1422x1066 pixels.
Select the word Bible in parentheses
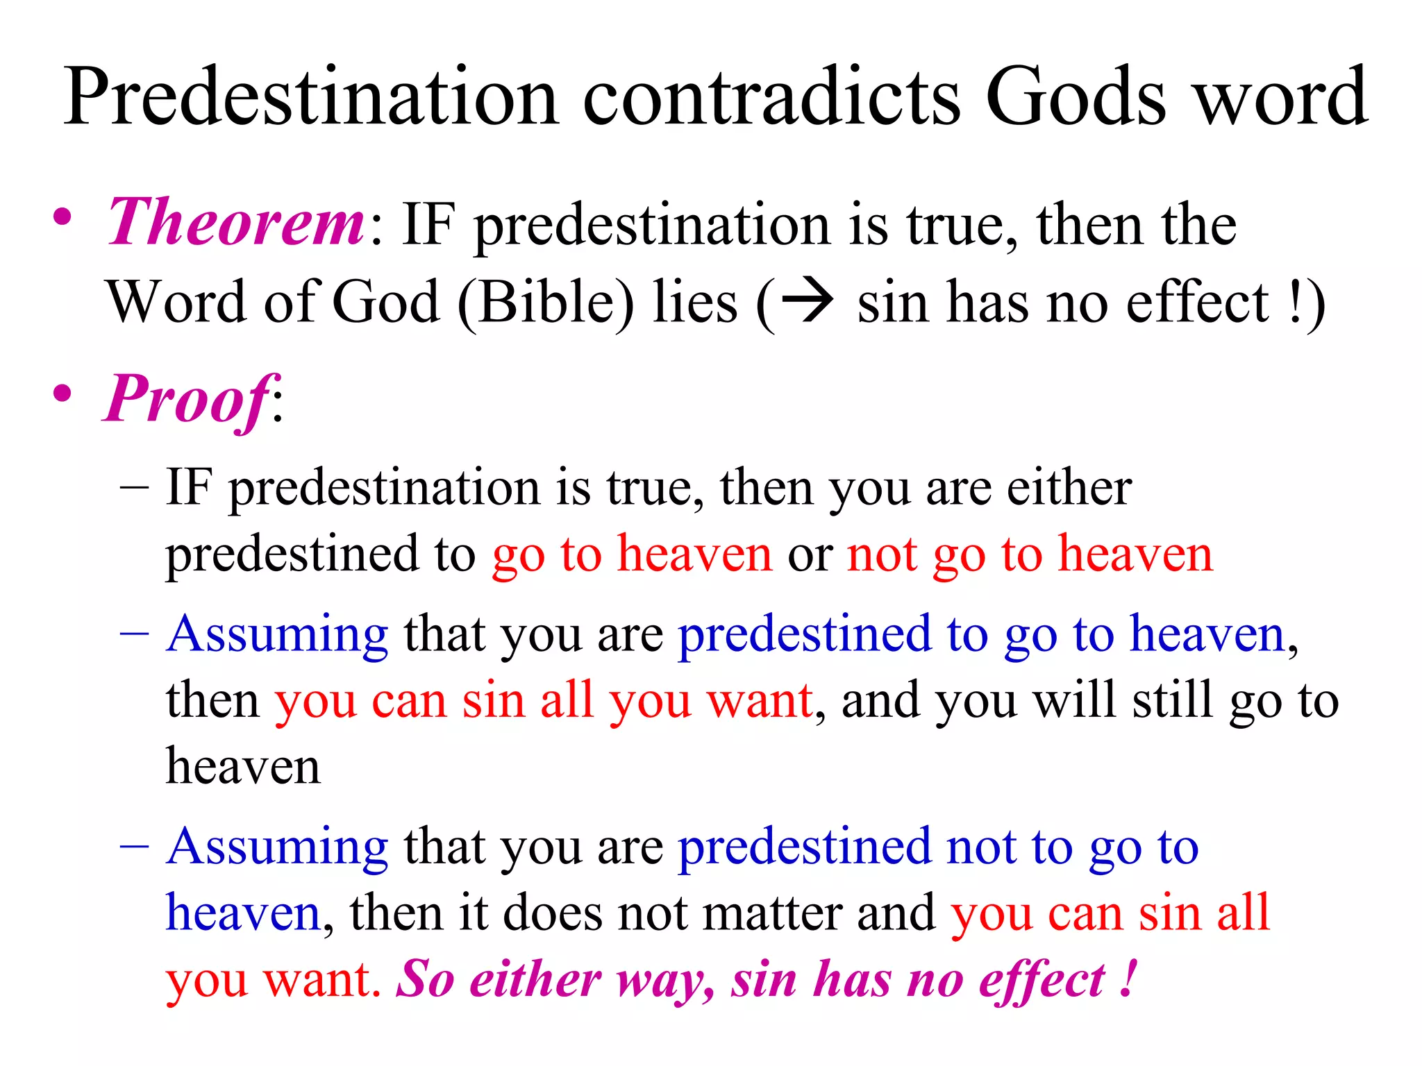546,303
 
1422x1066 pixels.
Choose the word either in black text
1069,488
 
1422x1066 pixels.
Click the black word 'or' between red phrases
810,555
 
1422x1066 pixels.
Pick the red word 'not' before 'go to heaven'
882,555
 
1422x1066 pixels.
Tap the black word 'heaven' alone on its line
243,767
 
